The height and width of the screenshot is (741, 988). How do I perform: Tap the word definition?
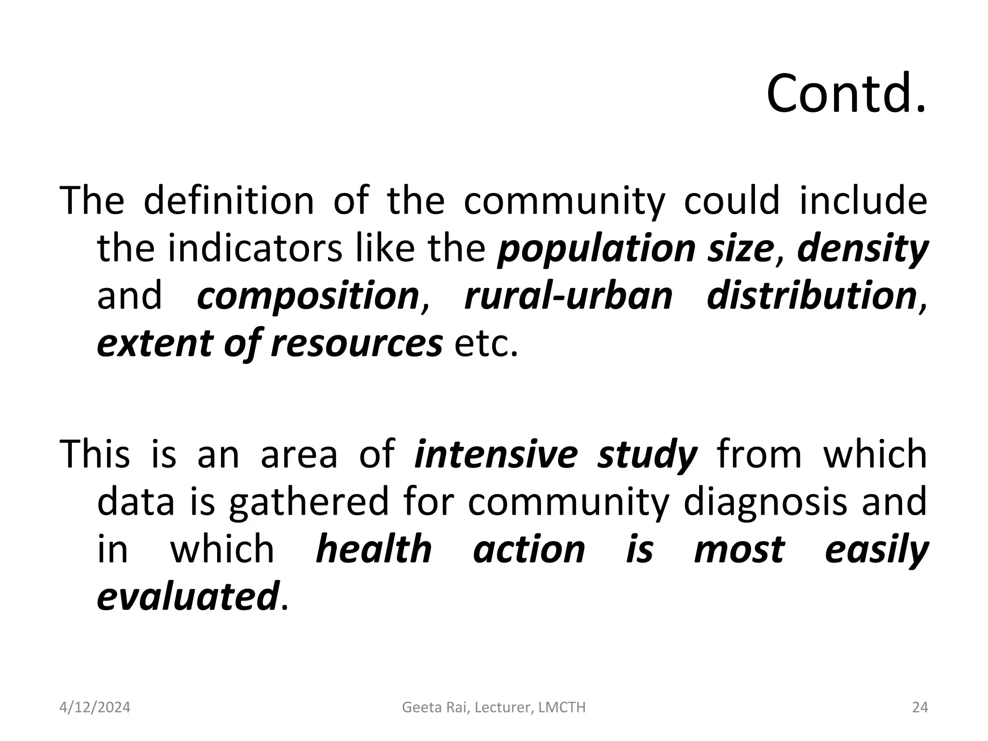coord(229,200)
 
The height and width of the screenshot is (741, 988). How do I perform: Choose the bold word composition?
coord(308,296)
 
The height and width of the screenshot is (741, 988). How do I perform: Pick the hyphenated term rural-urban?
coord(568,296)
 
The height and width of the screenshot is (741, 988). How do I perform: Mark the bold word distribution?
coord(811,296)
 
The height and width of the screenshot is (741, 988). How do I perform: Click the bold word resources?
coord(357,343)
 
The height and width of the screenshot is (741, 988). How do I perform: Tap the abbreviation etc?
coord(486,343)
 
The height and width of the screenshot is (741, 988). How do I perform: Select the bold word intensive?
coord(496,454)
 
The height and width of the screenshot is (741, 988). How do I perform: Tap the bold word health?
coord(374,549)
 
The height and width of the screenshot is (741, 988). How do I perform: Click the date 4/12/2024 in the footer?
coord(95,708)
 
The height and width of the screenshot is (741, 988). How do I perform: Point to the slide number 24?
coord(920,708)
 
